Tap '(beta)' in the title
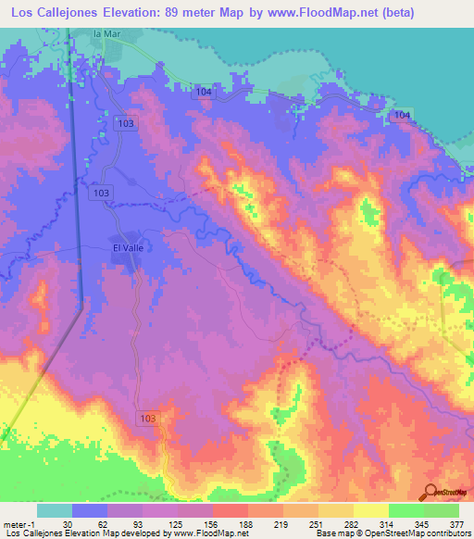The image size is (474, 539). click(393, 13)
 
